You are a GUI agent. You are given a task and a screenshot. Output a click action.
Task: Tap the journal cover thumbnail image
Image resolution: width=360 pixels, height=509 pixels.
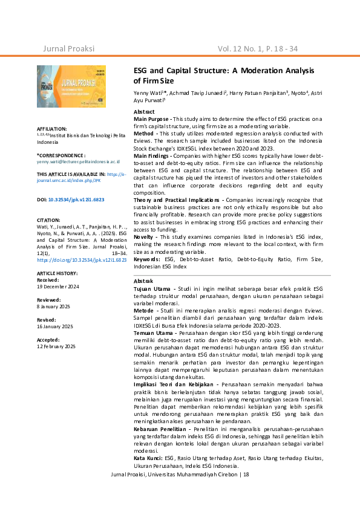71,91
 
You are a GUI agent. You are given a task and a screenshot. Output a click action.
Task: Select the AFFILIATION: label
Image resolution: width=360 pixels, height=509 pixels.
52,129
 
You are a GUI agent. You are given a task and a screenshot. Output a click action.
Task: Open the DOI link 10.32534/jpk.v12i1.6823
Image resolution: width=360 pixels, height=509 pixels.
76,199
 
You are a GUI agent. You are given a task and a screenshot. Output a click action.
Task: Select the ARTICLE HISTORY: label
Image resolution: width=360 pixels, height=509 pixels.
57,274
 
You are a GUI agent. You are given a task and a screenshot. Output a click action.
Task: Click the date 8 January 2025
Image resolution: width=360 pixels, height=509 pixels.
54,306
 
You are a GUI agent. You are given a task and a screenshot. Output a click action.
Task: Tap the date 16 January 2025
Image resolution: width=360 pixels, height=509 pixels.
55,326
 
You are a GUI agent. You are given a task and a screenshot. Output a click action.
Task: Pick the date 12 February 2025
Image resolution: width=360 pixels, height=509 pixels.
56,346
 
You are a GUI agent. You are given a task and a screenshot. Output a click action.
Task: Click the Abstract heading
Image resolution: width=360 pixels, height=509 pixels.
144,112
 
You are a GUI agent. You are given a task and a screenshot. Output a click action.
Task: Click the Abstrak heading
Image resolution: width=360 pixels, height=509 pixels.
143,282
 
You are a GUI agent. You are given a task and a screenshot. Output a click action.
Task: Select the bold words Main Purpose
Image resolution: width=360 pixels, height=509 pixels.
152,119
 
